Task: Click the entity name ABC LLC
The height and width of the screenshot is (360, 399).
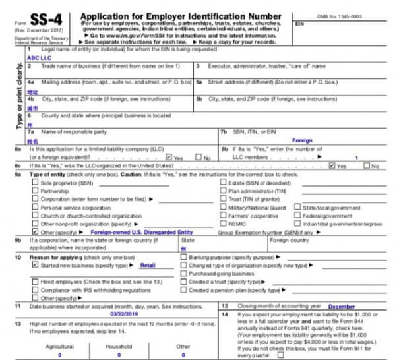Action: (39, 57)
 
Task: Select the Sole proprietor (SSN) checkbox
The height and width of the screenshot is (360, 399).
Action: (35, 183)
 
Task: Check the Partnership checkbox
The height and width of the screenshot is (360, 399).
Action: (35, 191)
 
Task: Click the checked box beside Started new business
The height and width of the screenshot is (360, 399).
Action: (35, 264)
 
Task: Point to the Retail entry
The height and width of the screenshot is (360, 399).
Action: (147, 264)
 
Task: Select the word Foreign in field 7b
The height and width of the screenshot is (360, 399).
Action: (302, 140)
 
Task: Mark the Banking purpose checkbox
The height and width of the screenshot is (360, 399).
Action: (183, 256)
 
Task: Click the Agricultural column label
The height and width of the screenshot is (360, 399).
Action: (60, 345)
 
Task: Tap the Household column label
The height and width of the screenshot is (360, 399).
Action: (119, 345)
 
